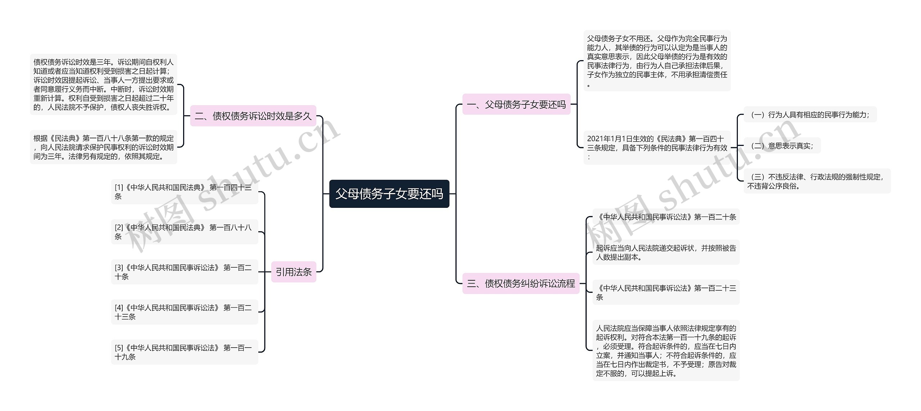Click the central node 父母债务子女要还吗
point(389,194)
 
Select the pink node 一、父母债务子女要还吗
point(516,104)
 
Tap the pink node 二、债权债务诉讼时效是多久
point(253,116)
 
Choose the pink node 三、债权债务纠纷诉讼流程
point(521,283)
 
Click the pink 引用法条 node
point(294,272)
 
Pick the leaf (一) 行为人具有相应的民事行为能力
point(810,115)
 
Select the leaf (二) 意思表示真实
point(782,146)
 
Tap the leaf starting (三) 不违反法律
point(817,181)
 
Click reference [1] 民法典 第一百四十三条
point(184,192)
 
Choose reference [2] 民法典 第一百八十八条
point(184,232)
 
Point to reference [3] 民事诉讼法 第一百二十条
point(184,272)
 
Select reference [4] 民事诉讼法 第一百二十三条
point(184,312)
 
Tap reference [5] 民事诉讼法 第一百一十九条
point(184,352)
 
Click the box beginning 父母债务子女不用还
point(657,61)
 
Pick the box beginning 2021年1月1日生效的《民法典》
point(657,147)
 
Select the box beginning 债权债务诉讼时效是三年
point(104,85)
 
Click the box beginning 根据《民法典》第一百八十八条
point(104,147)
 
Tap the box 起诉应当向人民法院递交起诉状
point(666,252)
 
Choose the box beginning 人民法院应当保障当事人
point(666,350)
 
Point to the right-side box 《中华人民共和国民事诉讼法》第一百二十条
point(666,217)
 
